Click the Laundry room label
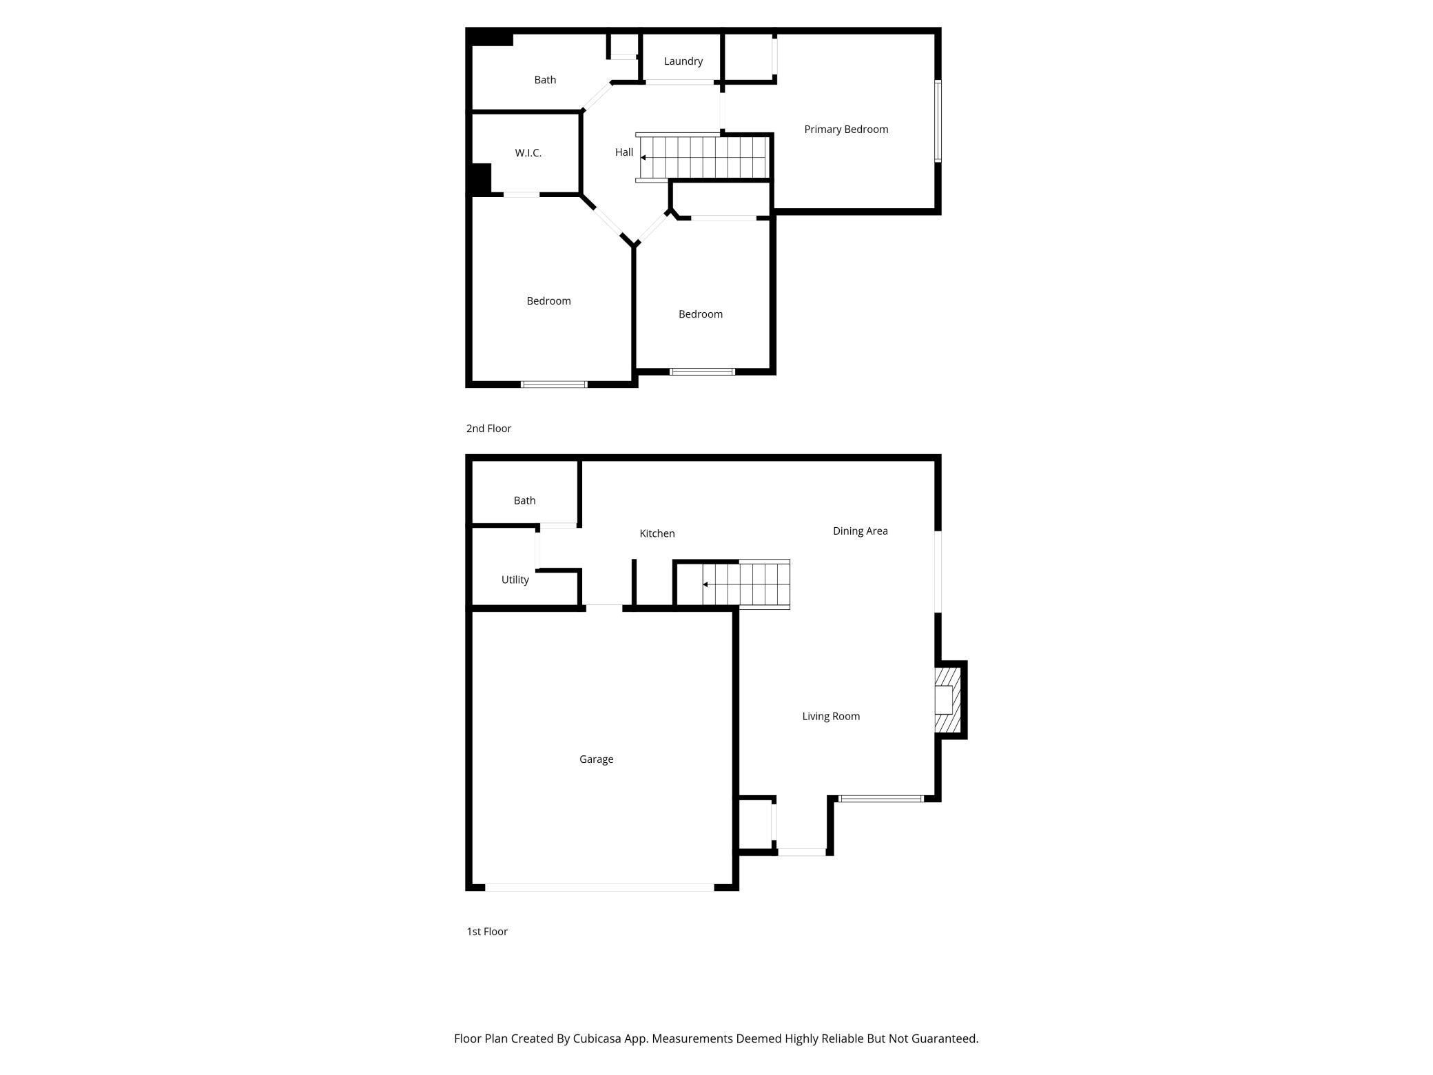click(x=683, y=61)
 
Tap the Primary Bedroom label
click(x=846, y=130)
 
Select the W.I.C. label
click(x=528, y=153)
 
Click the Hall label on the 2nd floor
click(x=623, y=152)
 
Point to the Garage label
click(x=596, y=759)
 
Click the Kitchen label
click(x=657, y=533)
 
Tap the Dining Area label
click(x=860, y=531)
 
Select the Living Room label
click(x=831, y=717)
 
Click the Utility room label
click(x=515, y=580)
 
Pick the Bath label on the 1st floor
click(x=524, y=501)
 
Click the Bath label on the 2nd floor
click(x=545, y=80)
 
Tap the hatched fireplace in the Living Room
click(x=947, y=699)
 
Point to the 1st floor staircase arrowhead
click(x=705, y=584)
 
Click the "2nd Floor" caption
click(x=488, y=429)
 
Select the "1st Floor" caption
click(x=487, y=932)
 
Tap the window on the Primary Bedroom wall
click(x=938, y=121)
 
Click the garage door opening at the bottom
click(x=599, y=888)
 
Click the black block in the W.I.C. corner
click(x=481, y=179)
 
